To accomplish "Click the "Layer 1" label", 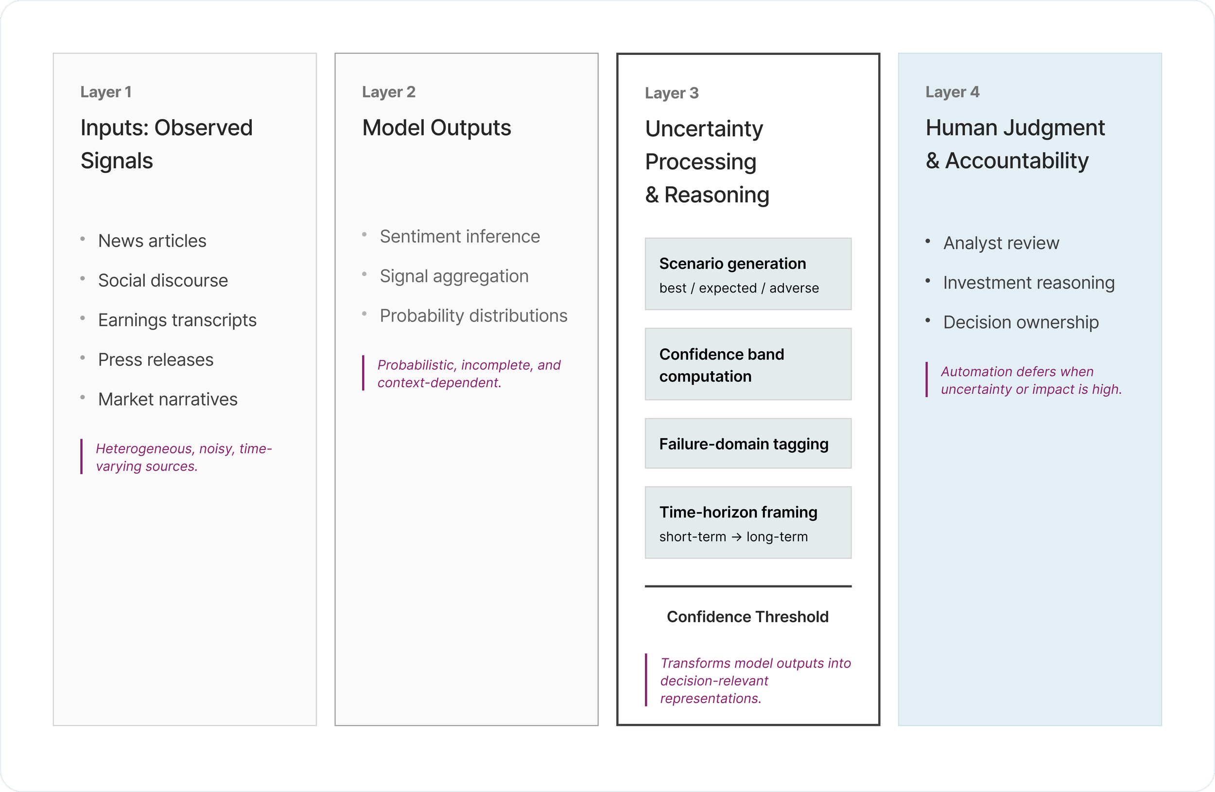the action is coord(105,92).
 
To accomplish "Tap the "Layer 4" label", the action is coord(952,92).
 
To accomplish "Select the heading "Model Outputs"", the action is coord(436,128).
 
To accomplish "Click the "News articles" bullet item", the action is coord(152,241).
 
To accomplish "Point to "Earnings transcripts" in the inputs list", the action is coord(176,320).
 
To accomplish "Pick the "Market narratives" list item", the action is coord(168,399).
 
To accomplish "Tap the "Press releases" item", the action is coord(155,360).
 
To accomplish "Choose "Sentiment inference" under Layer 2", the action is coord(459,236).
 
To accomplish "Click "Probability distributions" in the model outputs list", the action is coord(473,316).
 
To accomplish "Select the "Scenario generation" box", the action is coord(748,274).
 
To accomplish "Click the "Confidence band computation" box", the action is coord(748,364).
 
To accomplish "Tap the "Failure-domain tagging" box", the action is coord(748,444).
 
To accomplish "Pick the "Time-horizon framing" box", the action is coord(748,522).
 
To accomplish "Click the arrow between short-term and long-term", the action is coord(736,537).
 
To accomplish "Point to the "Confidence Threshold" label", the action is coord(747,617).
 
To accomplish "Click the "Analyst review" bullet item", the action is coord(1001,243).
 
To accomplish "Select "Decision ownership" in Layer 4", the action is coord(1021,323).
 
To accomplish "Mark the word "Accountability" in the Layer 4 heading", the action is coord(1016,161).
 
